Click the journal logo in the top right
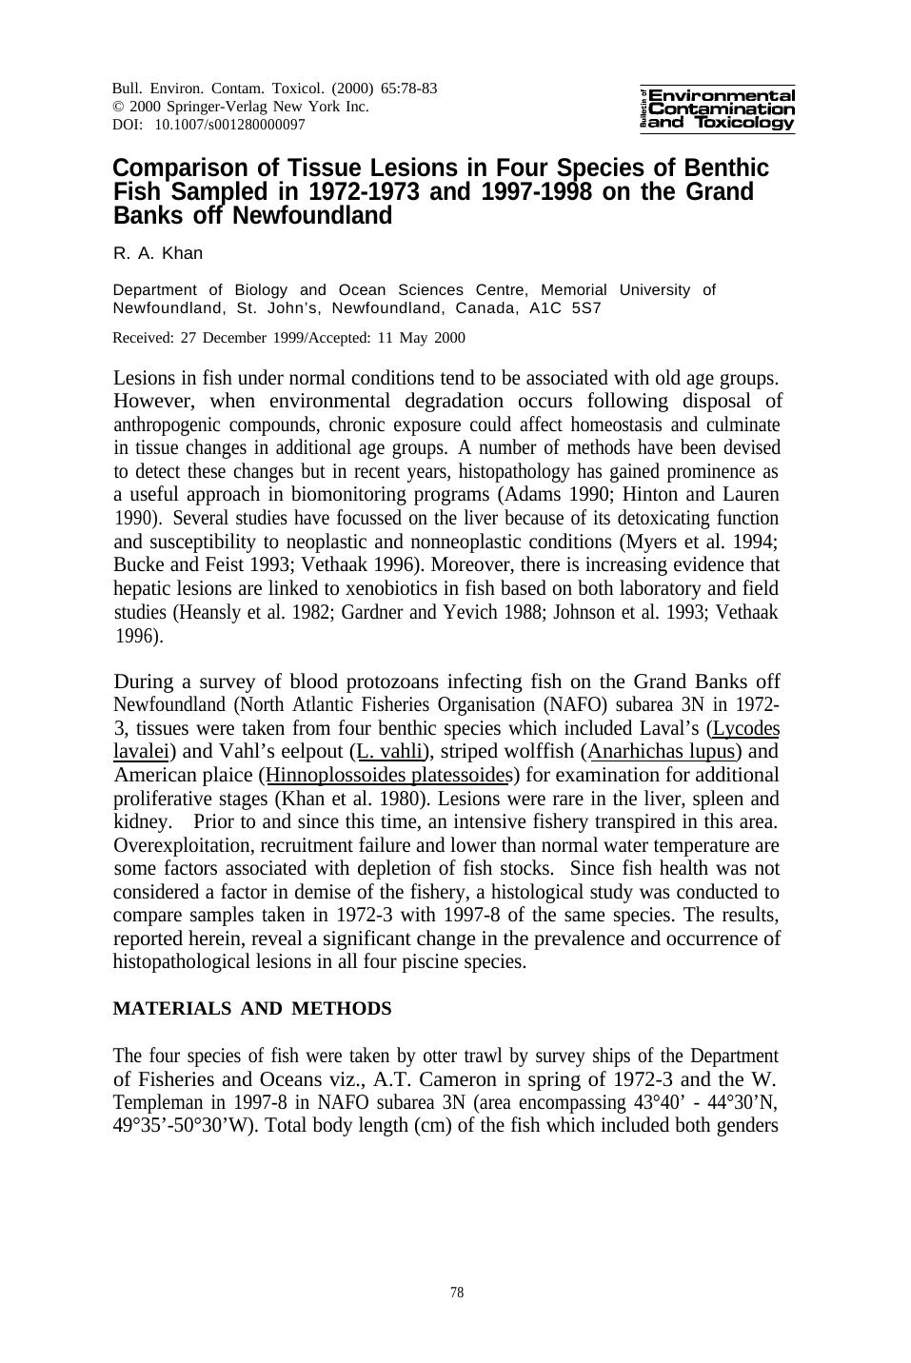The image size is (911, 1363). tap(719, 109)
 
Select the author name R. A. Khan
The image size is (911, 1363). tap(158, 253)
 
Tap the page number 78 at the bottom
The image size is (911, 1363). tap(457, 1293)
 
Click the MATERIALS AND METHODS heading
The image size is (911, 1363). tap(252, 1009)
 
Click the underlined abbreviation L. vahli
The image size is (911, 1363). tap(389, 752)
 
